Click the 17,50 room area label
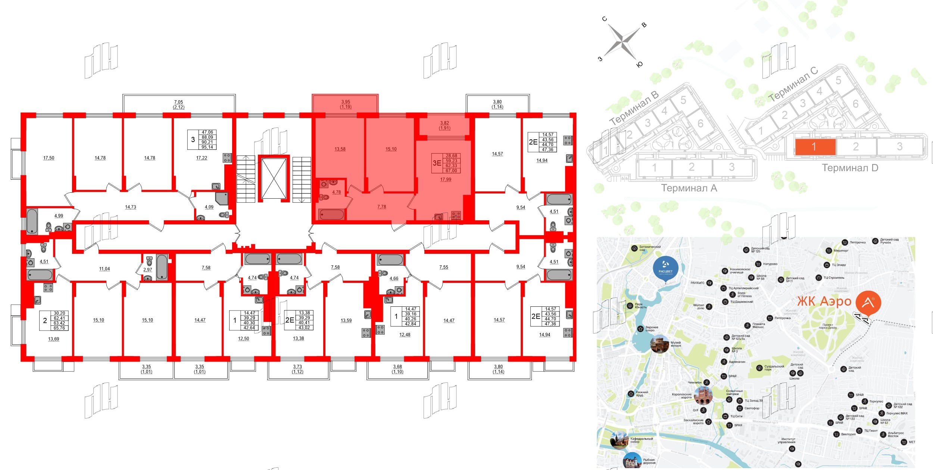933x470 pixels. pos(49,158)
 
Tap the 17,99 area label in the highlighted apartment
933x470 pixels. pos(446,180)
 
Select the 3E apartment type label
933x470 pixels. pos(437,163)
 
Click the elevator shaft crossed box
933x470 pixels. pos(274,179)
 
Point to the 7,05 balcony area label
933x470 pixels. pos(178,102)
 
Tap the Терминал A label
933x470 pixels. pos(689,188)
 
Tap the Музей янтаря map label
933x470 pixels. pos(675,344)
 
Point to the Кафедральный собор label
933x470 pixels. pos(642,440)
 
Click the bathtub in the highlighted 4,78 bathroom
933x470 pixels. pos(331,214)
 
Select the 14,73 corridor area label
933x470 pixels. pos(131,207)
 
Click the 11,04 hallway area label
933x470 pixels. pos(104,269)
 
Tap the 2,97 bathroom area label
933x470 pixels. pos(148,269)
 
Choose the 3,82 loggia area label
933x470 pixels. pos(444,123)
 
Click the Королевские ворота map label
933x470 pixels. pos(681,396)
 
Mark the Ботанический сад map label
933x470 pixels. pos(650,248)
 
